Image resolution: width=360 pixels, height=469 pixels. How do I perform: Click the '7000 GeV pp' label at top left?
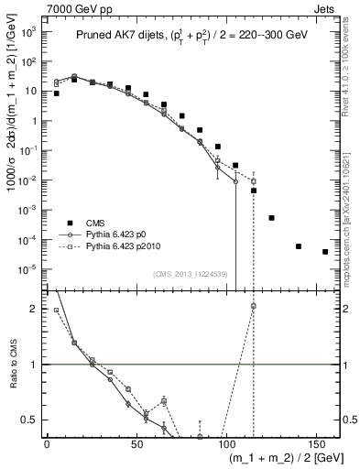(x=34, y=7)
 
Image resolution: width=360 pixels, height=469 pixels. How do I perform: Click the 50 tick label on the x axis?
(x=136, y=443)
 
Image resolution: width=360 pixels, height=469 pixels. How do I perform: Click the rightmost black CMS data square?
(x=325, y=252)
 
